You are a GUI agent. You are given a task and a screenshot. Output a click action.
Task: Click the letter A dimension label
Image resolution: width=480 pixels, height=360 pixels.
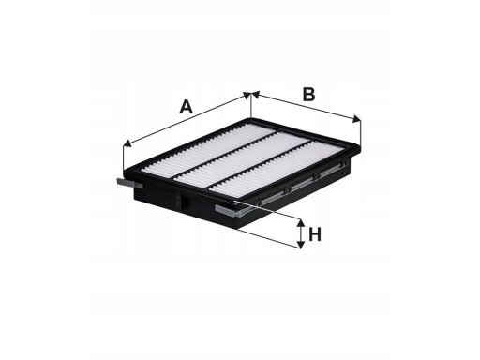click(x=187, y=107)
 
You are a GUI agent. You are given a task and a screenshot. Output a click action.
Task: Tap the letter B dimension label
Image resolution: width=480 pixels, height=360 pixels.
click(x=308, y=95)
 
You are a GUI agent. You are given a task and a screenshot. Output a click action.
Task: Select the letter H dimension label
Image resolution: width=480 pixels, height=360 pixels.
click(x=315, y=234)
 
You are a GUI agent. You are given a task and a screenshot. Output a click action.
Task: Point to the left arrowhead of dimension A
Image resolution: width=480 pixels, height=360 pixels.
click(x=127, y=143)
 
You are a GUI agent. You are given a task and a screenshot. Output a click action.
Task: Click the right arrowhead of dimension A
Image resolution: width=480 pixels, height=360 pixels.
click(x=247, y=95)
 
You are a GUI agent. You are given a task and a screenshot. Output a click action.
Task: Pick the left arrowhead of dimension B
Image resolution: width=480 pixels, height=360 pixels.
click(x=255, y=95)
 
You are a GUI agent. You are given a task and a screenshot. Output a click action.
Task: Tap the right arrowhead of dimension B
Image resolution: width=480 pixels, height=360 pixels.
click(x=357, y=119)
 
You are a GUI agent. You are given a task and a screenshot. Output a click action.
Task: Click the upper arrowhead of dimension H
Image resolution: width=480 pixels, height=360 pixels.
click(x=300, y=223)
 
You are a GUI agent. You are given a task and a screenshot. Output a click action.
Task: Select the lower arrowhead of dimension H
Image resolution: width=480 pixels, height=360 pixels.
click(x=300, y=245)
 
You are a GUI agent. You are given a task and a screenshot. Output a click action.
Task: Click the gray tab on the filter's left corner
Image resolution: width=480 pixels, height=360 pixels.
click(x=129, y=184)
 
